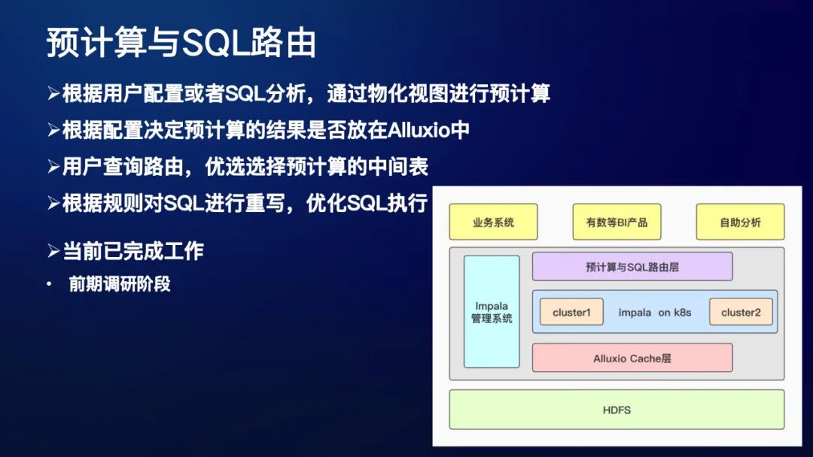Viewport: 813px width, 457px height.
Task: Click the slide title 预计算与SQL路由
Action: [181, 43]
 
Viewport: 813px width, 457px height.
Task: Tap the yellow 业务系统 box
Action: [493, 222]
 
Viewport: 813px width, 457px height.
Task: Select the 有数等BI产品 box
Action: [617, 222]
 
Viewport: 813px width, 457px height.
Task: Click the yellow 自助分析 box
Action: [740, 222]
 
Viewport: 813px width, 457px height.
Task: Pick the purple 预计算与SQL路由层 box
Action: [632, 266]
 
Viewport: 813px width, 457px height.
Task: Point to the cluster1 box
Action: [571, 312]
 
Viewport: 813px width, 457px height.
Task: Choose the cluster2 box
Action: [741, 312]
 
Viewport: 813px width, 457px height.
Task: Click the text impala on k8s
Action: [654, 312]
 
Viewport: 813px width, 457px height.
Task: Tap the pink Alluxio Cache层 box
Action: [632, 358]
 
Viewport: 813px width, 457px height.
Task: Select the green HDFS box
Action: [617, 410]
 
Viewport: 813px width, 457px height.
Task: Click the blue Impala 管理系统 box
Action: [492, 312]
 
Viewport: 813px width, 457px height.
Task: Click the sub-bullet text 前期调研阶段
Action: [120, 285]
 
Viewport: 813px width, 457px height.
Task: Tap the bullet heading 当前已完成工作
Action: [133, 251]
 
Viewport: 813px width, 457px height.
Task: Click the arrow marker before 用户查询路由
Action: [53, 167]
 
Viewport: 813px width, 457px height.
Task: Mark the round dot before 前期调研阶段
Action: [50, 285]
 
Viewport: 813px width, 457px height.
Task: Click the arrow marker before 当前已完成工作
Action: [53, 251]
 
